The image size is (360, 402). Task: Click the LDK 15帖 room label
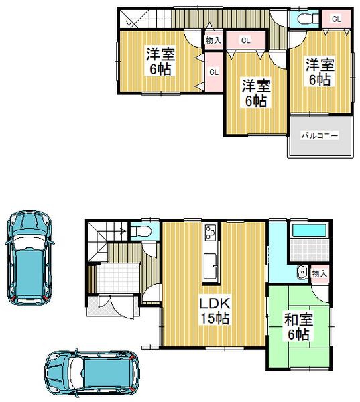coord(213,312)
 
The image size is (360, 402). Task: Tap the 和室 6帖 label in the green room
coord(299,327)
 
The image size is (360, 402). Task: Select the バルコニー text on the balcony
coord(318,136)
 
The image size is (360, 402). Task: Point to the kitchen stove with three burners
coord(211,233)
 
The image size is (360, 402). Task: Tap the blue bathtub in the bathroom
coord(308,232)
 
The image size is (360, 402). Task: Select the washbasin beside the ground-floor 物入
coord(302,273)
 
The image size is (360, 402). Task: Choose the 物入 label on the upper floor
coord(213,40)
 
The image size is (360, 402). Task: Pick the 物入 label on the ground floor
coord(320,273)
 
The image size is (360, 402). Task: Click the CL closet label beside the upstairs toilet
coord(336,19)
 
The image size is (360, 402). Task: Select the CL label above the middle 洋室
coord(245,41)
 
